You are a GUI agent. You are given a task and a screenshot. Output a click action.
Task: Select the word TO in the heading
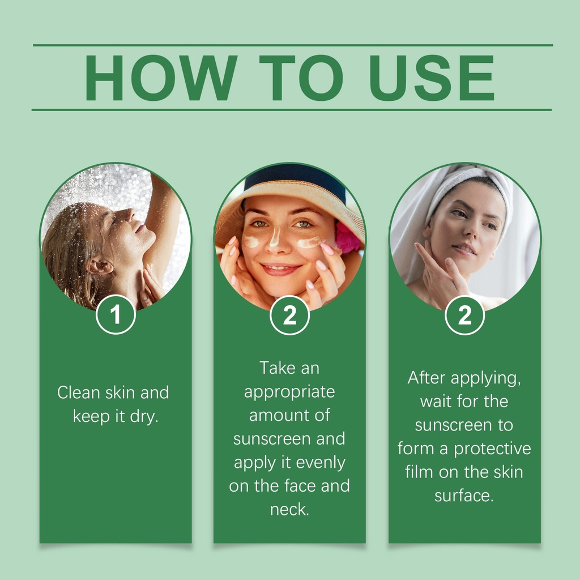pyautogui.click(x=301, y=78)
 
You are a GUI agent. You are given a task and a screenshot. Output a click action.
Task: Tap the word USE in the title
pyautogui.click(x=432, y=78)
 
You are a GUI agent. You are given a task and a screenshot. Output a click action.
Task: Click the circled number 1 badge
pyautogui.click(x=116, y=315)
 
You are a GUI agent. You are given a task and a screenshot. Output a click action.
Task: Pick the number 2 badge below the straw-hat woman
pyautogui.click(x=289, y=315)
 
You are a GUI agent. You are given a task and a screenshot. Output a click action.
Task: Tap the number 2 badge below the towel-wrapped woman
pyautogui.click(x=464, y=315)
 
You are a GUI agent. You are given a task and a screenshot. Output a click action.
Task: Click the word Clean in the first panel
pyautogui.click(x=79, y=393)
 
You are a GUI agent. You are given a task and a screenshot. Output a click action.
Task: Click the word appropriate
pyautogui.click(x=289, y=393)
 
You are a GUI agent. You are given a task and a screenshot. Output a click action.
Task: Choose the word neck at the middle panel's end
pyautogui.click(x=289, y=510)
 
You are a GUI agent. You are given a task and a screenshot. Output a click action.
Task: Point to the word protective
pyautogui.click(x=492, y=449)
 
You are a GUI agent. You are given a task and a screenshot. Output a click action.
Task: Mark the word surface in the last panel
pyautogui.click(x=464, y=496)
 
